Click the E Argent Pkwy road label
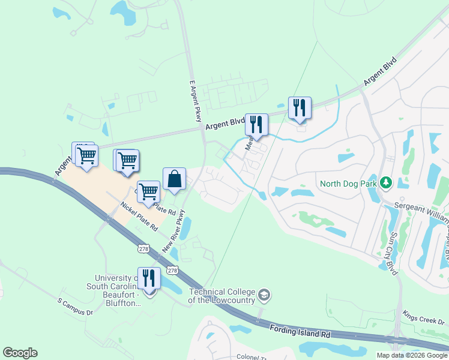pyautogui.click(x=194, y=101)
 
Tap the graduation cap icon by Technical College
pyautogui.click(x=265, y=295)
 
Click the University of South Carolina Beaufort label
pyautogui.click(x=118, y=290)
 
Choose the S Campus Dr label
pyautogui.click(x=76, y=306)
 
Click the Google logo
pyautogui.click(x=20, y=353)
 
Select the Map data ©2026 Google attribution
pyautogui.click(x=411, y=355)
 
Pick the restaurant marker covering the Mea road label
pyautogui.click(x=256, y=125)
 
